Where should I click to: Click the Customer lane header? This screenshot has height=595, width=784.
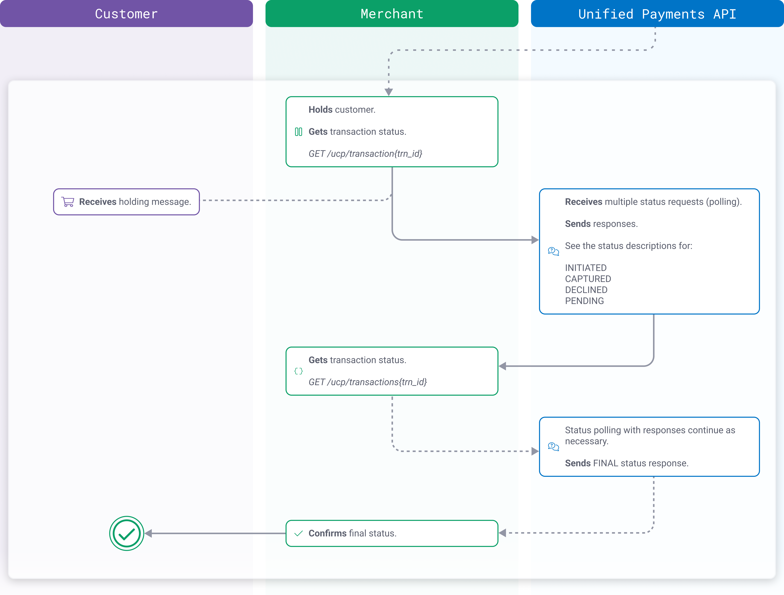[x=126, y=14]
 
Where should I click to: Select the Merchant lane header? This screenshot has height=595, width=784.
[x=392, y=14]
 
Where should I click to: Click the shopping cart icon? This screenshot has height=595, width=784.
[x=68, y=202]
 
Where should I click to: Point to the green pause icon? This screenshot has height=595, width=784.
[x=298, y=132]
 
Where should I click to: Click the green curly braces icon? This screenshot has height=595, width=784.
[x=298, y=371]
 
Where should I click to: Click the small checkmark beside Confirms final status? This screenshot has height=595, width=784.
[x=298, y=533]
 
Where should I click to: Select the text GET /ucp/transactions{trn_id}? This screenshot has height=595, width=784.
[x=368, y=382]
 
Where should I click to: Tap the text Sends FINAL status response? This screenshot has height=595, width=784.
[x=626, y=463]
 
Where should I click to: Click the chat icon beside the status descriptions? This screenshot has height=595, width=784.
[x=553, y=251]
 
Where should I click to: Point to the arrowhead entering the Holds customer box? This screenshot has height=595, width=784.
[x=388, y=92]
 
